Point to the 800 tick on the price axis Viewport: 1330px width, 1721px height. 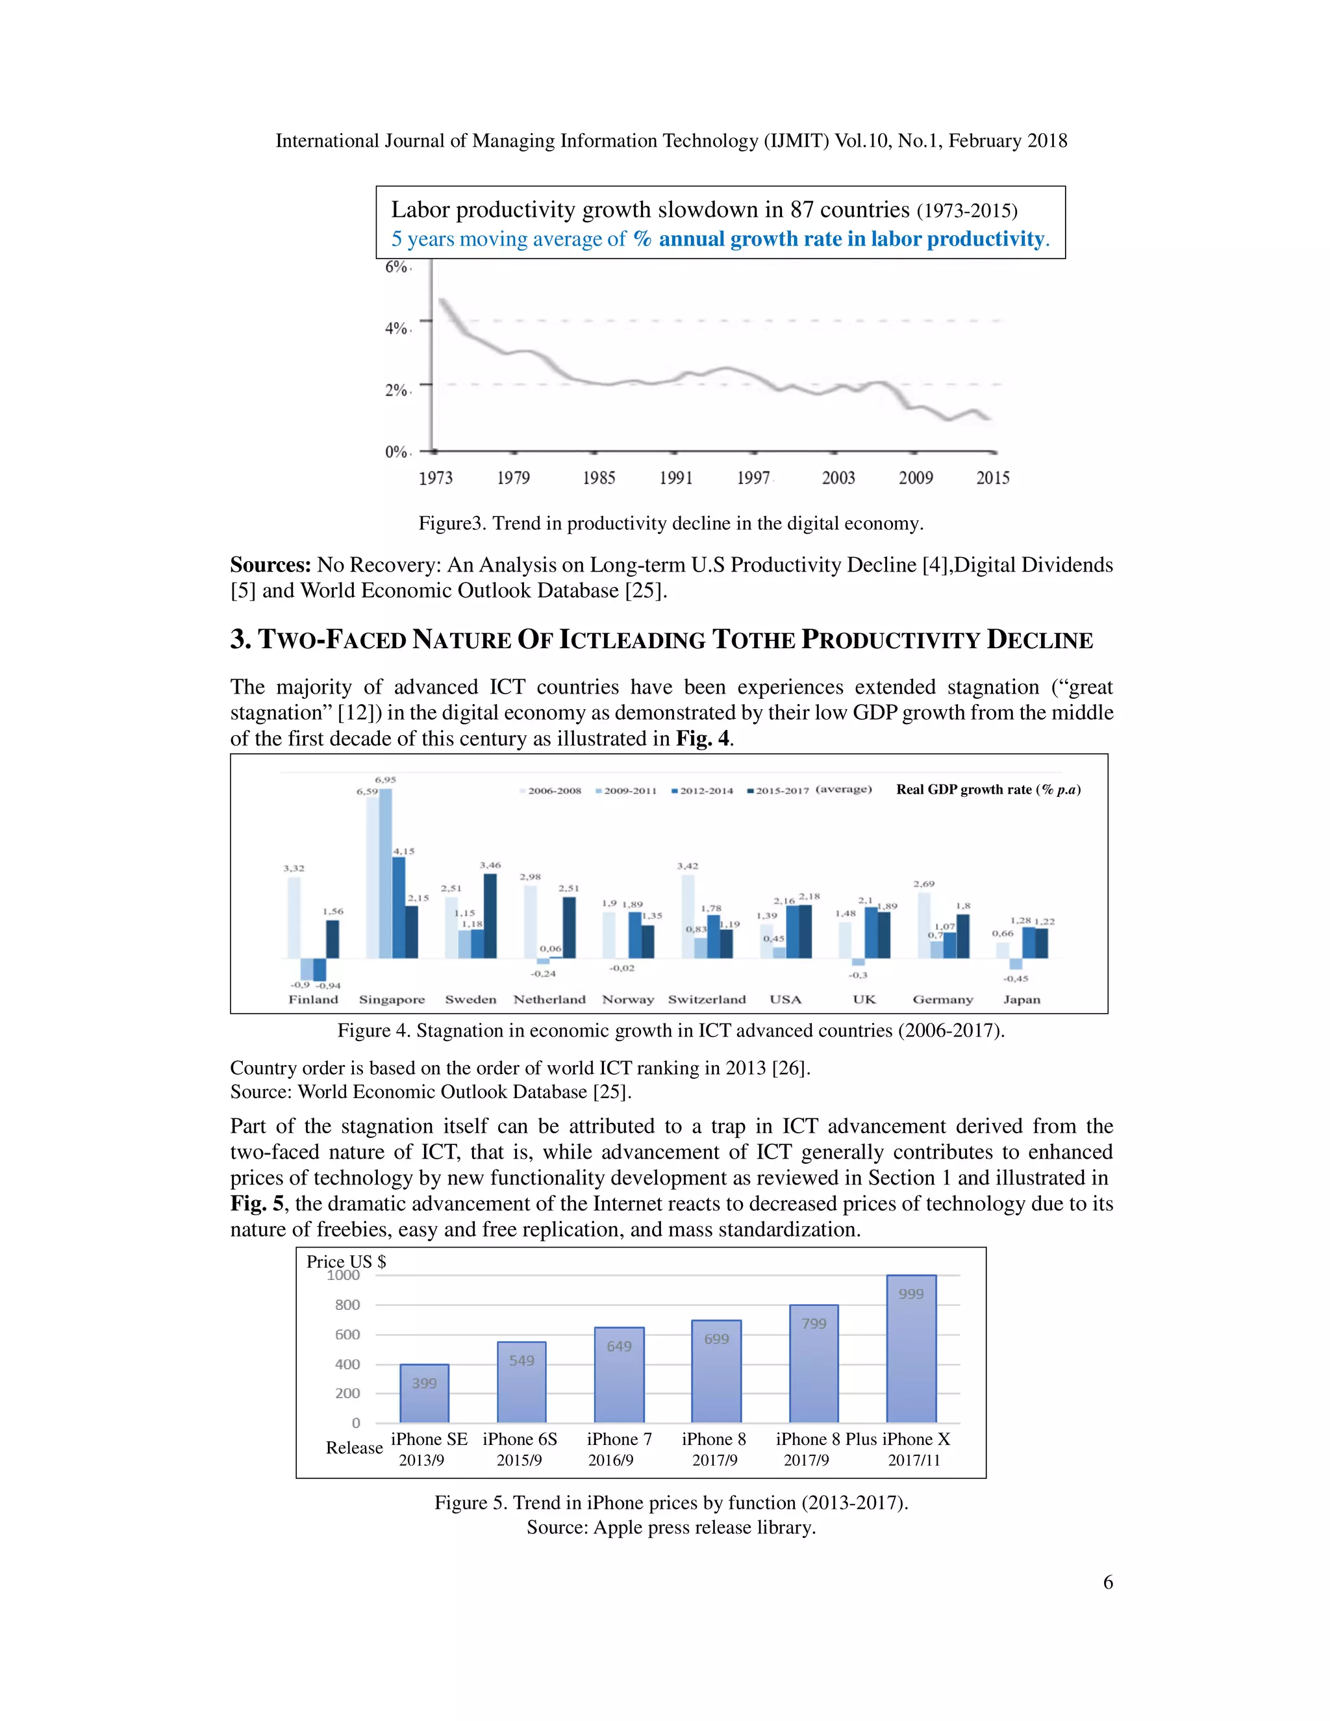click(347, 1305)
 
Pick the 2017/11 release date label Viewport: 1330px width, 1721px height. click(914, 1460)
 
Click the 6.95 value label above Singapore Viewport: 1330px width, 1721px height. click(385, 779)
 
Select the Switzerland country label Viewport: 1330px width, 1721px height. click(707, 999)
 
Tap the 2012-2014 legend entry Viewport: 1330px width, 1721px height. click(702, 790)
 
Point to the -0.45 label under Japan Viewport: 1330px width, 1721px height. click(1016, 978)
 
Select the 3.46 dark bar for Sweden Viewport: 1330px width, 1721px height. click(490, 916)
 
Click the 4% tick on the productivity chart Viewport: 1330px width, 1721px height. click(395, 328)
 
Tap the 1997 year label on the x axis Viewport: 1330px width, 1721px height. click(753, 477)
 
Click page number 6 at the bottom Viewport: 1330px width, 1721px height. click(1108, 1582)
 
